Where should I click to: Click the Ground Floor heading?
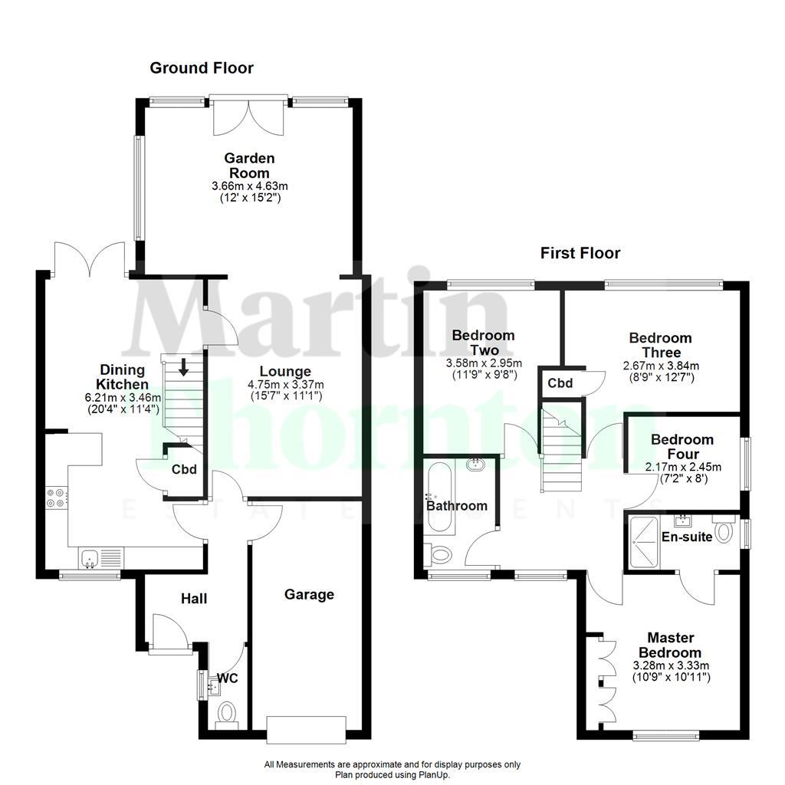[201, 68]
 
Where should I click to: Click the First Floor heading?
[580, 253]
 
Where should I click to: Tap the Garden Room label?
[249, 166]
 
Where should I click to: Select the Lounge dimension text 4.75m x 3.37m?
[285, 385]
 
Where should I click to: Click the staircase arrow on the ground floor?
[183, 367]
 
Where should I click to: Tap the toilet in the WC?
[228, 714]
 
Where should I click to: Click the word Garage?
[309, 594]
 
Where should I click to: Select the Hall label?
[194, 598]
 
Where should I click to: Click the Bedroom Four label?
[682, 447]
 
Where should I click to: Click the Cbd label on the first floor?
[560, 383]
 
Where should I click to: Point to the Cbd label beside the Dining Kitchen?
[184, 470]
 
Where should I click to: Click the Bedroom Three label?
[660, 345]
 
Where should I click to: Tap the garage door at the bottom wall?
[306, 728]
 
